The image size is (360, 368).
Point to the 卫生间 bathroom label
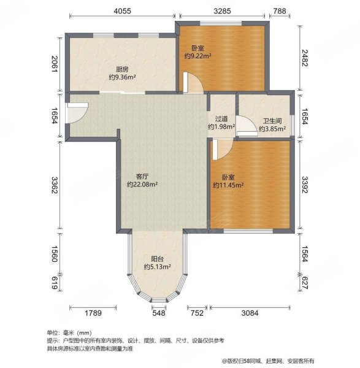point(272,121)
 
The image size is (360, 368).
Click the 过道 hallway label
point(221,119)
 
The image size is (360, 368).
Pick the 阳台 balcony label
point(157,258)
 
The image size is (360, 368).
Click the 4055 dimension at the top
point(121,10)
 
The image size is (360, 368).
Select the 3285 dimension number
point(221,10)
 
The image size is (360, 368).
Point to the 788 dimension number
point(279,10)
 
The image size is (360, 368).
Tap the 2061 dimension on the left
point(55,64)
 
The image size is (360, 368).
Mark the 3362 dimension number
point(55,184)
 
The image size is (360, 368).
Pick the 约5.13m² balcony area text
point(157,267)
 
